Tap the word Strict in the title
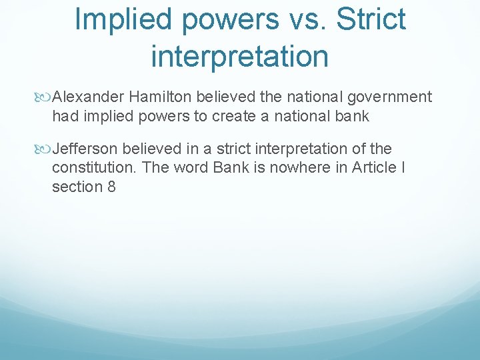coord(371,19)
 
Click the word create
coord(235,117)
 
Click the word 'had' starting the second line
coord(65,117)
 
